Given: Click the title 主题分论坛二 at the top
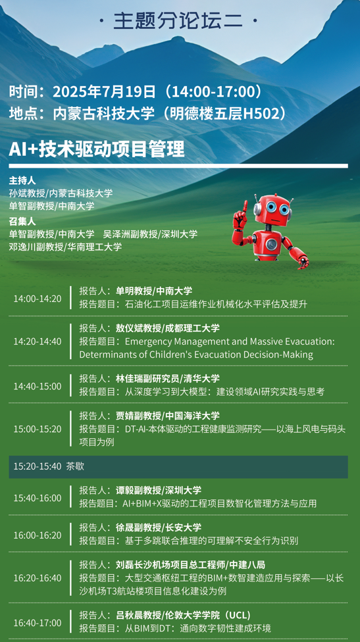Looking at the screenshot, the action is point(178,21).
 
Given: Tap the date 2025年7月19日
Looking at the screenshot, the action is point(105,91).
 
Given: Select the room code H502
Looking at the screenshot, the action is point(261,114).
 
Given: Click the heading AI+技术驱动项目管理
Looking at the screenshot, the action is point(97,150).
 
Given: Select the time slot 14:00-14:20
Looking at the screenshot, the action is point(38,299).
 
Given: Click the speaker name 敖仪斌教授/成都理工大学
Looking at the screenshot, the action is point(168,328).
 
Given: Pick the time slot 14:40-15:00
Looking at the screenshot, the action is point(38,386).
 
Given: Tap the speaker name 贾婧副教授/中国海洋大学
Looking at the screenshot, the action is point(168,416).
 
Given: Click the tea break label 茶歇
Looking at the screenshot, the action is point(75,466).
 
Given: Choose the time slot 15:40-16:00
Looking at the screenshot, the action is point(38,499).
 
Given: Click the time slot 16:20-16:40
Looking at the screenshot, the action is point(38,578).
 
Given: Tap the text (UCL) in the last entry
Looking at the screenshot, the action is point(237,616).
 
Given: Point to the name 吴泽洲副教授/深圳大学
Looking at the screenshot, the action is point(150,234).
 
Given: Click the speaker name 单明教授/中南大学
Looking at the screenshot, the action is point(154,291).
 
